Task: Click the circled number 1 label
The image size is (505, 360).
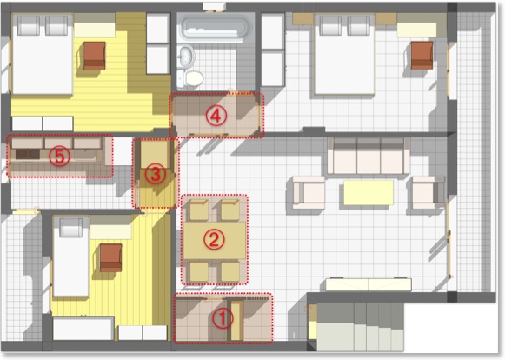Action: pyautogui.click(x=223, y=318)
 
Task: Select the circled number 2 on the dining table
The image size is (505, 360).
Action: pyautogui.click(x=214, y=239)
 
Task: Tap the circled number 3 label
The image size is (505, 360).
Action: pyautogui.click(x=156, y=175)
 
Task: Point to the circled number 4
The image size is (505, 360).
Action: pyautogui.click(x=216, y=115)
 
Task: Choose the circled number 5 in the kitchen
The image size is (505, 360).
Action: pyautogui.click(x=59, y=157)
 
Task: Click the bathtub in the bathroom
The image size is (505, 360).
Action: pyautogui.click(x=216, y=28)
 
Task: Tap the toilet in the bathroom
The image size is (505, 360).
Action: pyautogui.click(x=193, y=78)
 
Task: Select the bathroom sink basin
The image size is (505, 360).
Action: pyautogui.click(x=187, y=56)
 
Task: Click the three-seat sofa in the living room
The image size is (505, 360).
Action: pyautogui.click(x=369, y=156)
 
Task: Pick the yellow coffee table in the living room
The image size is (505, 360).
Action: pyautogui.click(x=369, y=193)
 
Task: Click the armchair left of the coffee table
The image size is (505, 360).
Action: pyautogui.click(x=309, y=193)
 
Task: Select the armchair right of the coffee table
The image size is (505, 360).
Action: pyautogui.click(x=428, y=193)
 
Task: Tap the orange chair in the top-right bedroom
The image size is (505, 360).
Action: pyautogui.click(x=422, y=55)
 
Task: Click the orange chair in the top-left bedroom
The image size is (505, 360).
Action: pyautogui.click(x=95, y=56)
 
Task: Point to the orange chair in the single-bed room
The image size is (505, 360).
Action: pyautogui.click(x=110, y=257)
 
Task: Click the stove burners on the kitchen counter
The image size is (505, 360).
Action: pyautogui.click(x=27, y=154)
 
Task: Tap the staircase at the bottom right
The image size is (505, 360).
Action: pyautogui.click(x=355, y=327)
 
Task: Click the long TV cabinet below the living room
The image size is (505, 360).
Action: pyautogui.click(x=369, y=285)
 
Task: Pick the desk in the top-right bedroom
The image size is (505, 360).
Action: pyautogui.click(x=416, y=30)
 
